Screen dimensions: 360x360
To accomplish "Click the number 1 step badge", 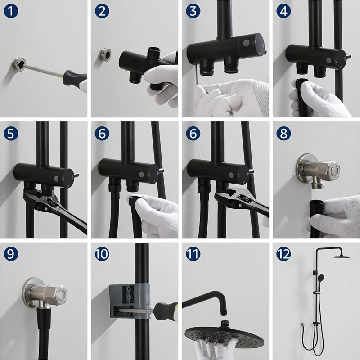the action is click(x=11, y=11).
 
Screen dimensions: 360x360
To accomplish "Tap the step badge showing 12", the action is click(x=284, y=254).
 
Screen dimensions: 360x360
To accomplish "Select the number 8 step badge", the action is click(x=284, y=133).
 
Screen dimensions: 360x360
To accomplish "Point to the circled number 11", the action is click(x=193, y=254).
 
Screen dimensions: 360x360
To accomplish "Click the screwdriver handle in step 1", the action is click(x=75, y=79).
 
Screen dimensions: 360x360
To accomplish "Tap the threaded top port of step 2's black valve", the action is click(x=152, y=52).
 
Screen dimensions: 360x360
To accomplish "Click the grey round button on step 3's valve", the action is click(x=246, y=43).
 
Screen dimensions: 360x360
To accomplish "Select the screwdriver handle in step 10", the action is click(x=166, y=312).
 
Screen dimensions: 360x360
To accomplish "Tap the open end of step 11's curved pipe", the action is click(x=223, y=313).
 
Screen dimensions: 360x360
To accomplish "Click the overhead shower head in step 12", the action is click(x=342, y=256).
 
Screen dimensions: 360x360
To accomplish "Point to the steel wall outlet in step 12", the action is click(x=303, y=324).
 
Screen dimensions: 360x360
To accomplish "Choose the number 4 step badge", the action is click(x=284, y=11).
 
